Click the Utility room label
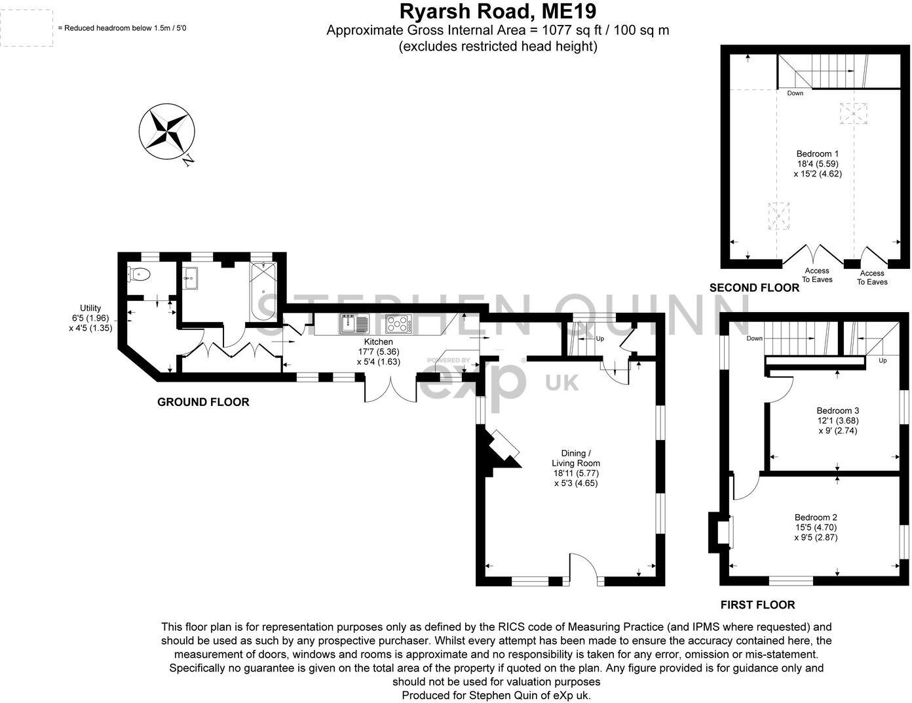point(90,317)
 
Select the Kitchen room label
point(378,351)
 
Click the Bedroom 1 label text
point(817,164)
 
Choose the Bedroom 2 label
point(816,527)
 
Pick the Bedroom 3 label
point(837,420)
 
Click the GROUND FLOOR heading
point(203,402)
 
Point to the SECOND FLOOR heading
point(754,287)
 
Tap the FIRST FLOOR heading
point(757,605)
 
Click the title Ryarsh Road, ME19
point(498,12)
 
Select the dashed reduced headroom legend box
point(27,28)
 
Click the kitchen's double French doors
point(390,390)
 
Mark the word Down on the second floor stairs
point(795,93)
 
